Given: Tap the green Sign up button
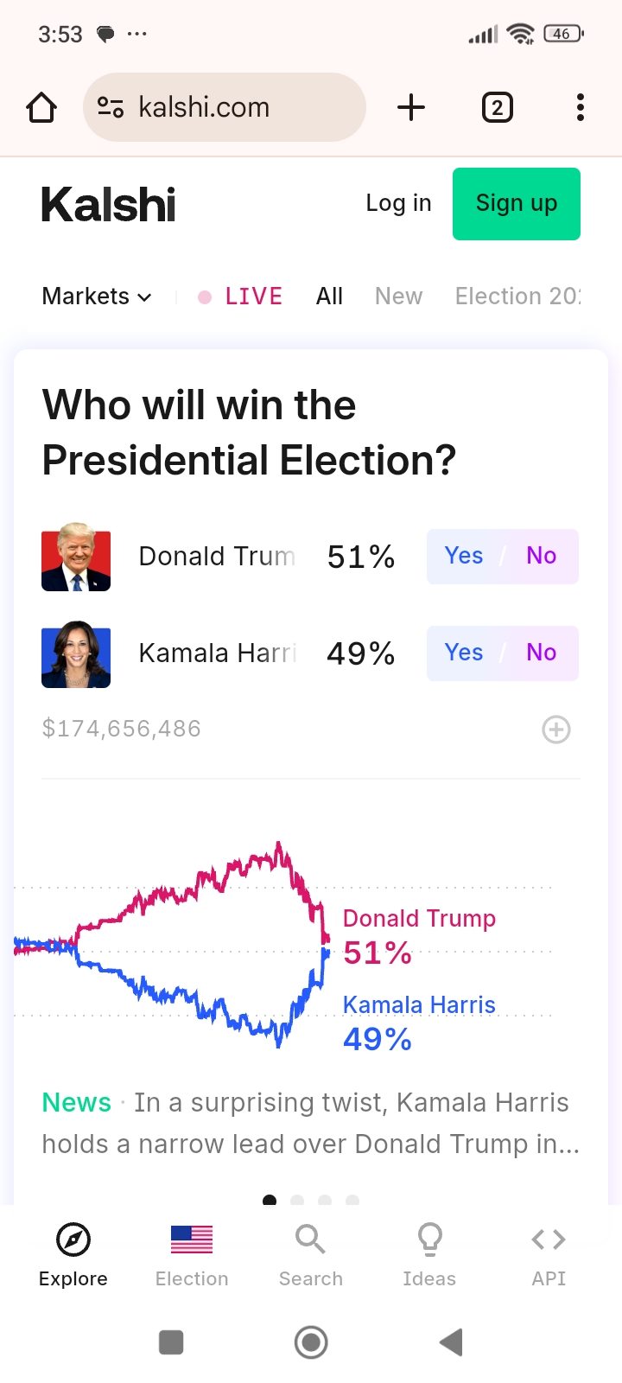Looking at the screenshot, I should click(x=516, y=204).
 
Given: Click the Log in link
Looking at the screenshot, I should click(x=398, y=203).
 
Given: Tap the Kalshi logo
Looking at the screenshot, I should click(x=109, y=205).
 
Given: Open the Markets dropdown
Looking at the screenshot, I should click(x=97, y=296).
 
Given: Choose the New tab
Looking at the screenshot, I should click(x=398, y=296).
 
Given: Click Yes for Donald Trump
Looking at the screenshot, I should click(x=464, y=556).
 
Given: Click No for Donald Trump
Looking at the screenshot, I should click(x=542, y=556).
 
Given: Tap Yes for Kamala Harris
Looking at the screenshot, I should click(x=464, y=653).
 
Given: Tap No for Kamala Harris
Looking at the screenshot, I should click(x=542, y=653).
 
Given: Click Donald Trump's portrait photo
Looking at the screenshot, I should click(x=76, y=557).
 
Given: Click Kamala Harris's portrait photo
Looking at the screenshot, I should click(x=76, y=653).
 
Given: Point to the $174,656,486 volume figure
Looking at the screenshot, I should click(x=122, y=729).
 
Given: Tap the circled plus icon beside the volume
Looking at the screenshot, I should click(x=555, y=730).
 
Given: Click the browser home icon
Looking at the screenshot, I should click(x=41, y=108).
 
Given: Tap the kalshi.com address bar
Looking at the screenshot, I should click(x=225, y=107).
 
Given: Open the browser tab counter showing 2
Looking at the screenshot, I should click(x=497, y=108).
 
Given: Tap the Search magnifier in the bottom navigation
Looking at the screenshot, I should click(x=310, y=1240).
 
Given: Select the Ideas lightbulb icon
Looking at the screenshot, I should click(x=429, y=1240).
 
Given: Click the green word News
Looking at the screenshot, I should click(x=77, y=1103).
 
